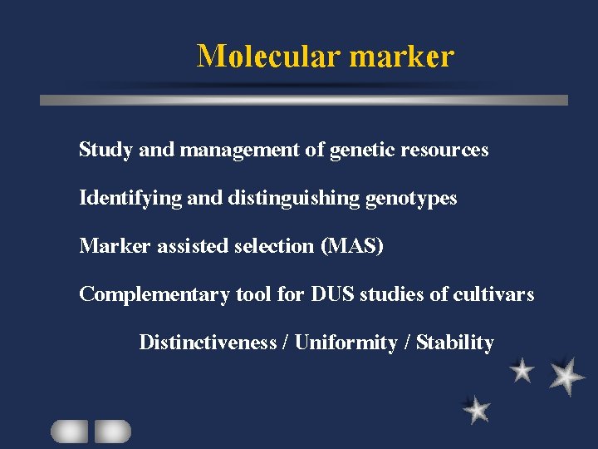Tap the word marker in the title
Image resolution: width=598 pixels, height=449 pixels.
(402, 56)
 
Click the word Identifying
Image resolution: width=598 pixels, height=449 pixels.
(125, 199)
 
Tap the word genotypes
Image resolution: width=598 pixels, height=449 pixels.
(412, 199)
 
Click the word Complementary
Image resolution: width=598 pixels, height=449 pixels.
(154, 295)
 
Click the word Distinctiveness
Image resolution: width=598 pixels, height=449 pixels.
(208, 343)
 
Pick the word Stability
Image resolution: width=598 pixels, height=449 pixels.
(454, 343)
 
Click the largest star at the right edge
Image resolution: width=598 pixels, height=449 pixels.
(566, 376)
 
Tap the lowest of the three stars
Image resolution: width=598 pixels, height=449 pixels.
(477, 409)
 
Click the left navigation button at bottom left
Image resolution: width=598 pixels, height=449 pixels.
(69, 431)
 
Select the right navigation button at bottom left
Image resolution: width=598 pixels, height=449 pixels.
(113, 431)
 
